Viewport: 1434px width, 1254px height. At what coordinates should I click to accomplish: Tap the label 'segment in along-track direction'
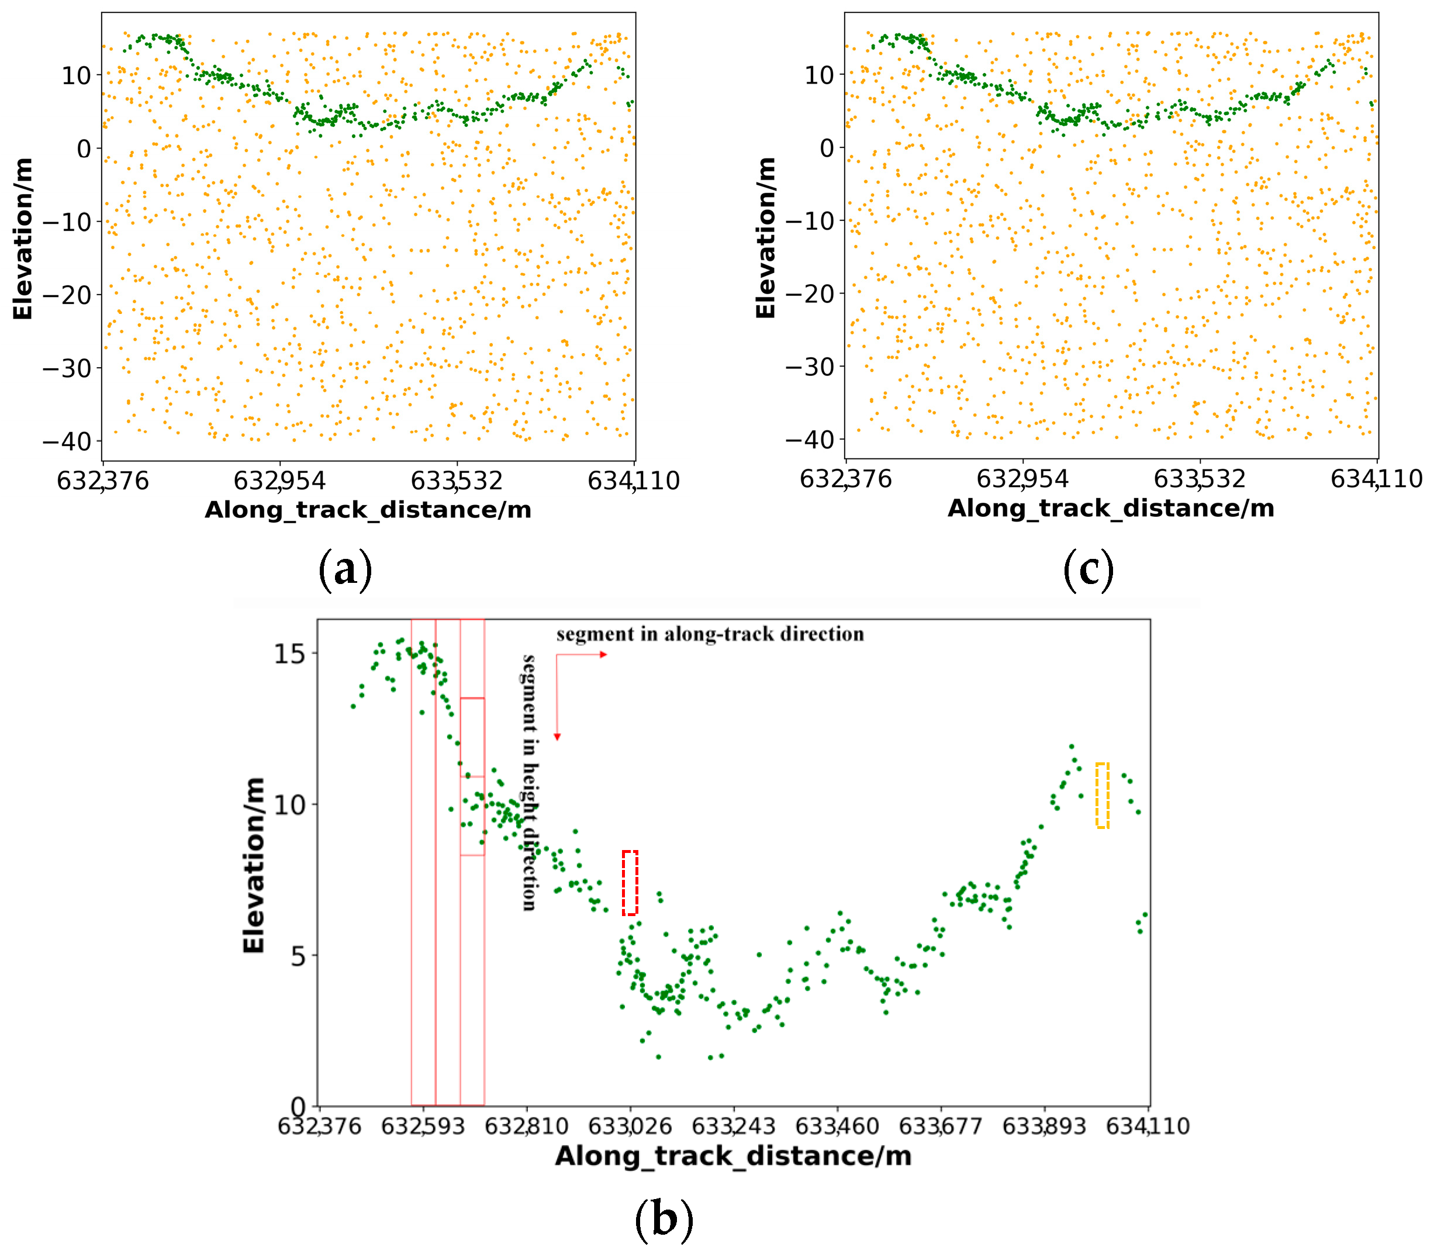coord(710,634)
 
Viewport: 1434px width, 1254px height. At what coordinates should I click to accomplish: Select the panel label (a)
coord(344,569)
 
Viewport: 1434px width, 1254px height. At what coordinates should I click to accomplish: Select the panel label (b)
coord(664,1218)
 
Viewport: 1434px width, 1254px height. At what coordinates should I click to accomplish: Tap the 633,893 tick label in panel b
coord(1043,1126)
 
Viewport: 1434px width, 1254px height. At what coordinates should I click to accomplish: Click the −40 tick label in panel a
coord(67,441)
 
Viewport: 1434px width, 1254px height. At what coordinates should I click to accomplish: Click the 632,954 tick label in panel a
coord(279,481)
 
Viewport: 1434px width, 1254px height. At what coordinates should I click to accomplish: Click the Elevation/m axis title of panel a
coord(22,238)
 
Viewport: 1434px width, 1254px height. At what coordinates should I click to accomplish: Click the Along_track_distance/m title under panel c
coord(1111,509)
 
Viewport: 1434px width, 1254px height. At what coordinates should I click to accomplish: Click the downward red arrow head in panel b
coord(557,736)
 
